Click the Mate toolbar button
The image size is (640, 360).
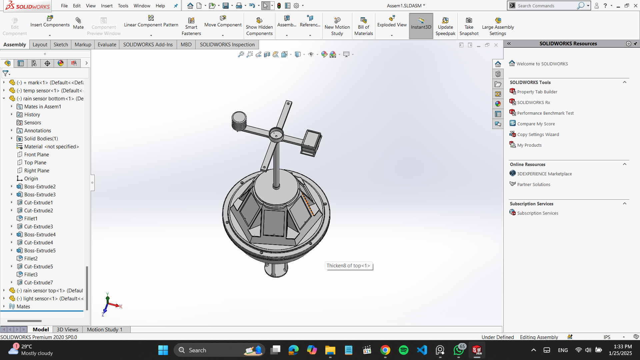pos(78,23)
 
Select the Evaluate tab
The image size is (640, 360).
pos(107,44)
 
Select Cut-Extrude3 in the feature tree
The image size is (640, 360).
pos(38,227)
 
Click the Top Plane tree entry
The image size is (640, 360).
pos(35,163)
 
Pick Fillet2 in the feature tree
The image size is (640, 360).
pos(31,259)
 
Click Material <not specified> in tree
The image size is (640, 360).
pos(51,147)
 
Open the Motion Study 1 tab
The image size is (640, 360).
pos(104,329)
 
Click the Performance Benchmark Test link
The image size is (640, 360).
pos(545,113)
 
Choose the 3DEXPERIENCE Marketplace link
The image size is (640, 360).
pos(544,174)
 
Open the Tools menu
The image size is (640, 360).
pos(123,6)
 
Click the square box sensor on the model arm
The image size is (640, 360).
pos(311,143)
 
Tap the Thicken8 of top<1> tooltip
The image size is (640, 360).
pos(348,266)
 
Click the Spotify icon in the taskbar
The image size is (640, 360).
pos(403,350)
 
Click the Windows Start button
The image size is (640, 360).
pos(163,350)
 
